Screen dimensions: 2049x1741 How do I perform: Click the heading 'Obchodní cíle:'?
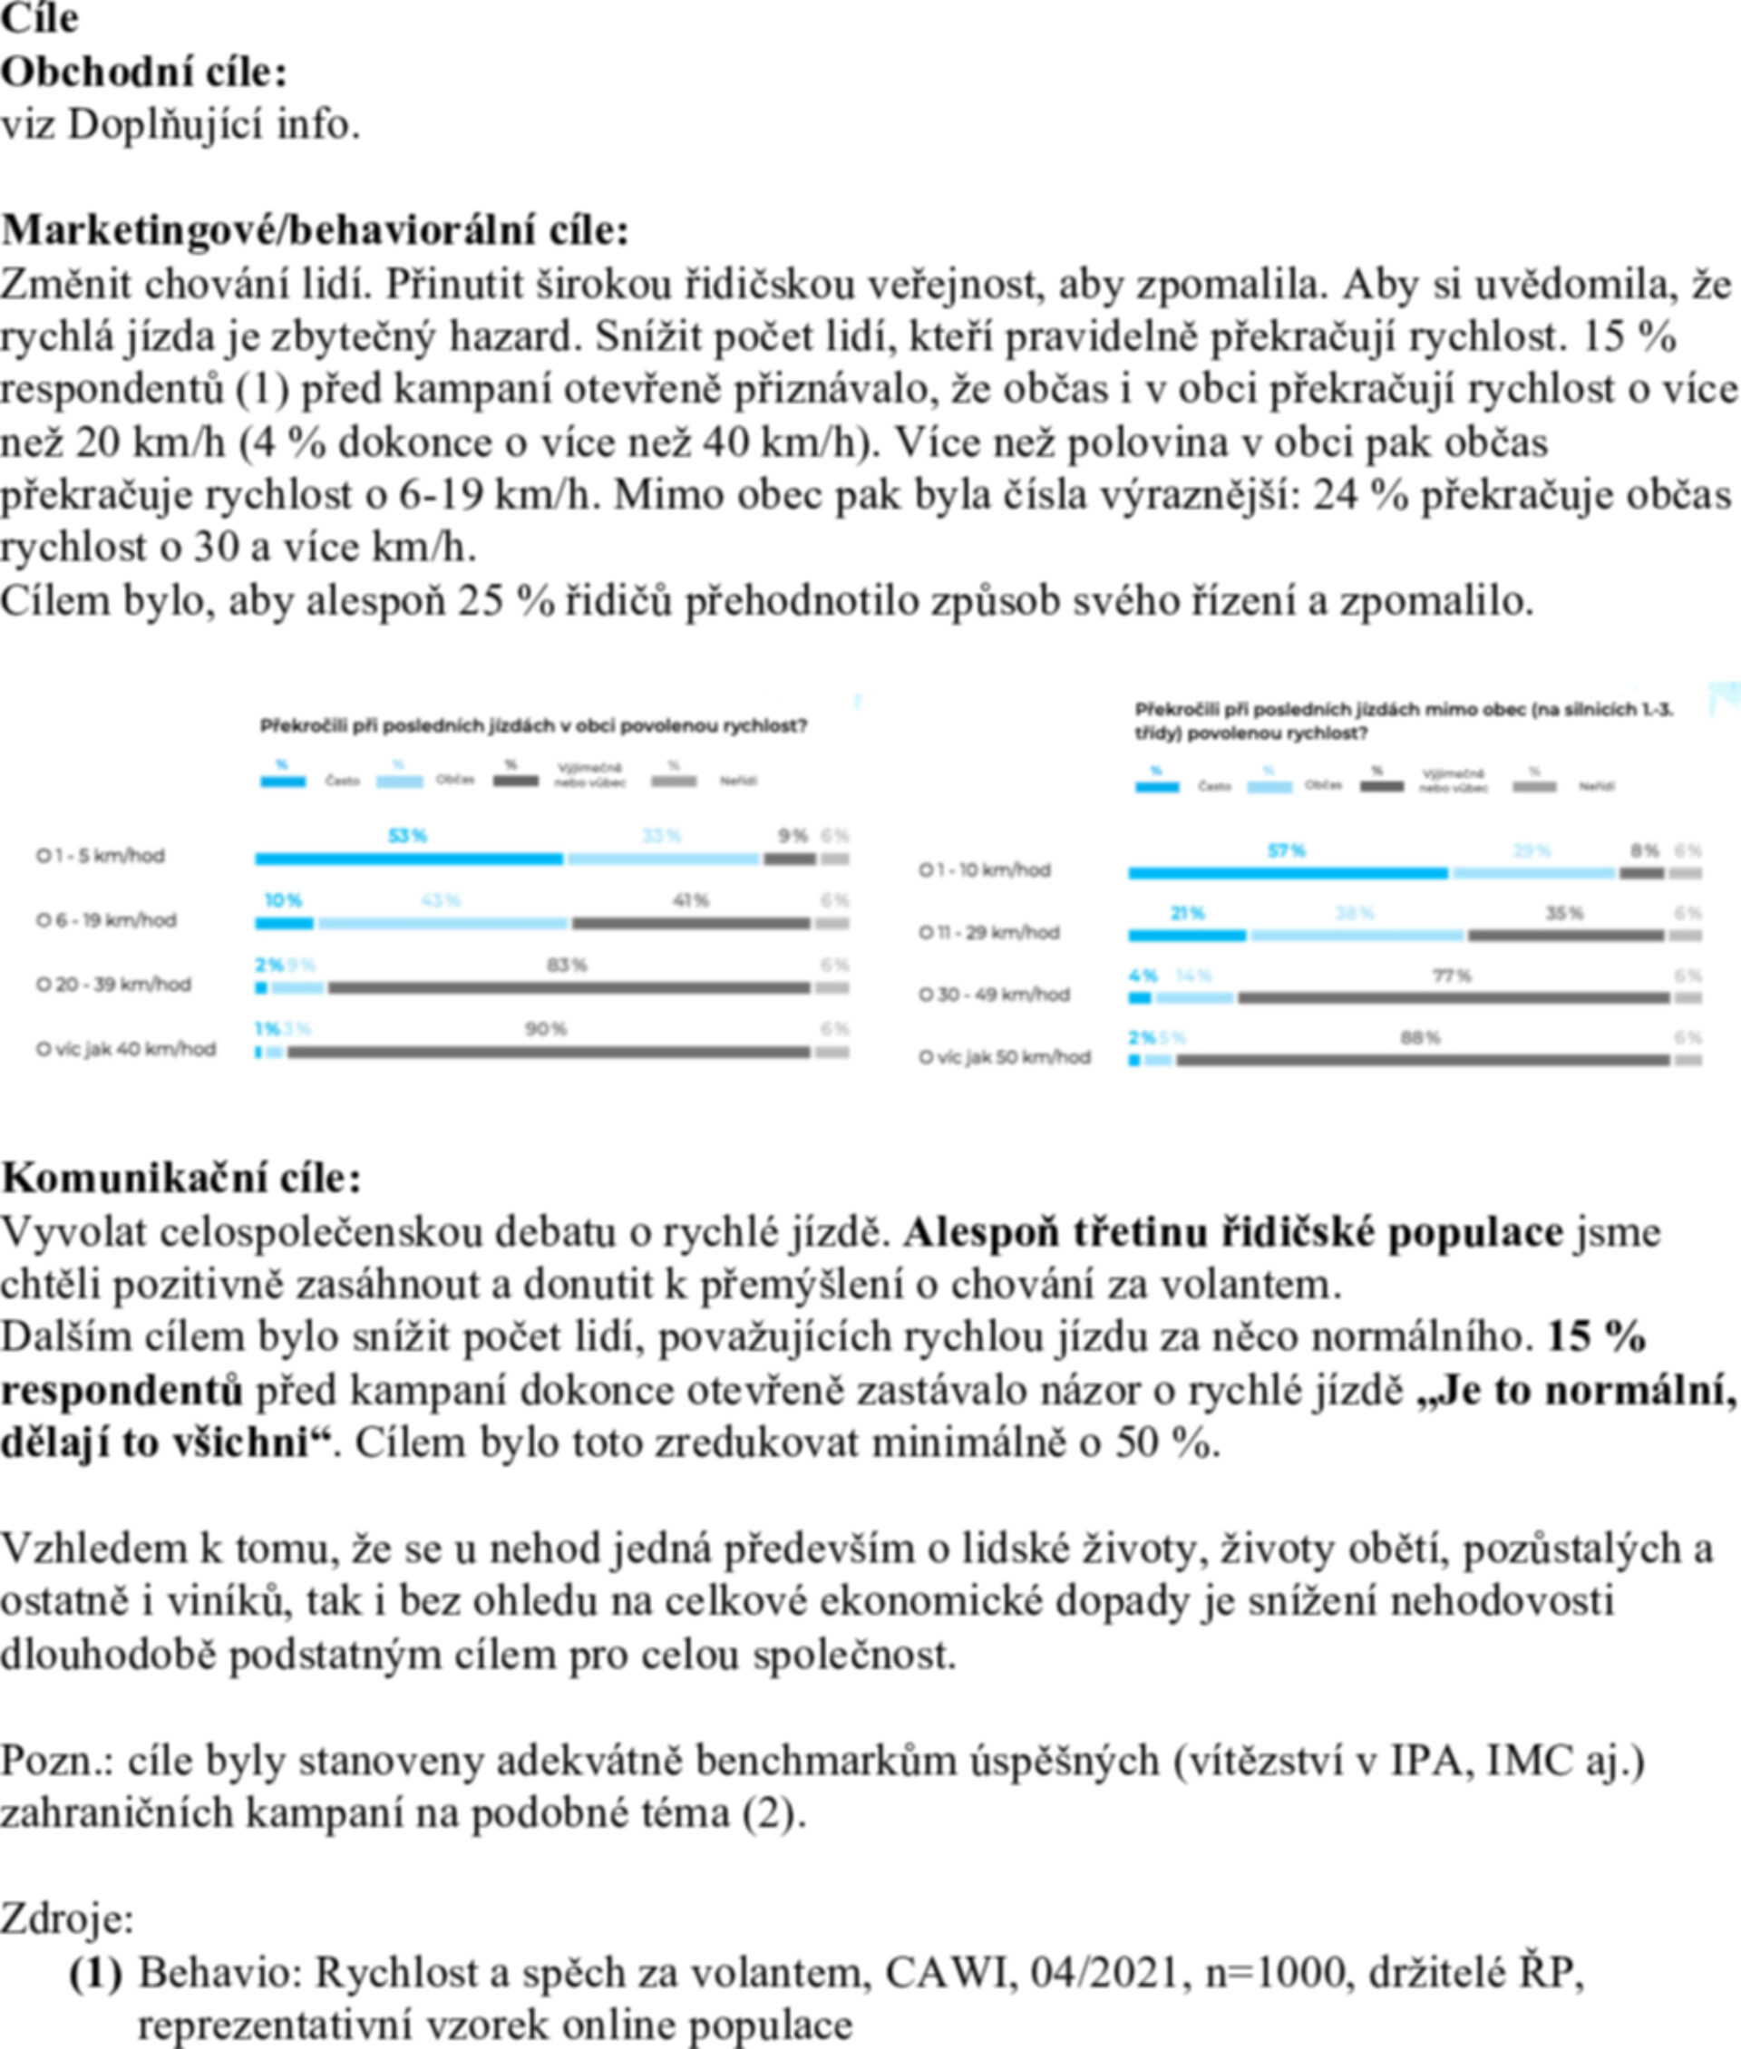pos(144,72)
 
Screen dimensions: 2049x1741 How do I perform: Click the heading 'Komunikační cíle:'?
pos(181,1178)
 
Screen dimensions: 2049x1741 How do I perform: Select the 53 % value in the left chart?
pos(406,836)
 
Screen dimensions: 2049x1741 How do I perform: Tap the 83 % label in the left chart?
pos(567,965)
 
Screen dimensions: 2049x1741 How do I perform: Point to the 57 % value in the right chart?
pos(1286,850)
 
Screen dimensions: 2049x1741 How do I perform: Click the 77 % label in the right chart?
pos(1452,976)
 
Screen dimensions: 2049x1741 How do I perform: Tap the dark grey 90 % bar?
pos(548,1052)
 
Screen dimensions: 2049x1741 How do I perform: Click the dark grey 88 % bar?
pos(1422,1060)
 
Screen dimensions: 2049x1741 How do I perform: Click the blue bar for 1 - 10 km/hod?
pos(1287,873)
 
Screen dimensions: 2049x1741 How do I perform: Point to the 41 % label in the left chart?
pos(691,900)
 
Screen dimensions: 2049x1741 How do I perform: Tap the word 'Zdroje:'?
pos(66,1918)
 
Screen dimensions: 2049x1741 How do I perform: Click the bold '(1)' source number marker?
pos(96,1972)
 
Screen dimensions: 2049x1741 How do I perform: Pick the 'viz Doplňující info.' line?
pos(180,124)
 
